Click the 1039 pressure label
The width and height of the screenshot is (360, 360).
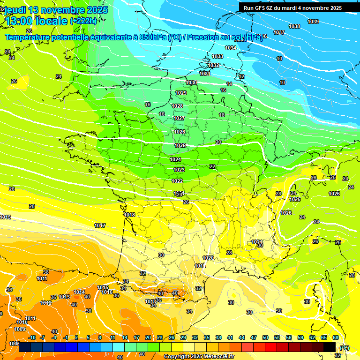[313, 22]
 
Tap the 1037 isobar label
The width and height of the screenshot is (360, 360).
[279, 32]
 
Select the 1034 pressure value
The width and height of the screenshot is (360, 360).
[231, 48]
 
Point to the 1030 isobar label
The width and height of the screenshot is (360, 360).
[191, 82]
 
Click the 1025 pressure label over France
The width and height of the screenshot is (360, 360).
[180, 145]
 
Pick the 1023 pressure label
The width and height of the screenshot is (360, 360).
[179, 170]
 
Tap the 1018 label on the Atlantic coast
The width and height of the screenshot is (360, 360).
[130, 215]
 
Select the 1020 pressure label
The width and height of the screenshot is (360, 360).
[208, 258]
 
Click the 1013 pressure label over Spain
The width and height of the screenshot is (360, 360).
[64, 297]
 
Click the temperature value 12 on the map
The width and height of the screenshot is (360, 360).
[241, 76]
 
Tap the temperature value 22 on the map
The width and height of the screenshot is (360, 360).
[212, 166]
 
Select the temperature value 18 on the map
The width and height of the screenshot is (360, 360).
[222, 115]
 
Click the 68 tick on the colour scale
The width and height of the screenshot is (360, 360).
[336, 337]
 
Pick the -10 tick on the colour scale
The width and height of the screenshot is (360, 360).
[32, 337]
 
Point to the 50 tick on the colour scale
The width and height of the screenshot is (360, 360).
[265, 337]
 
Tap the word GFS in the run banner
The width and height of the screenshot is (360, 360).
[260, 8]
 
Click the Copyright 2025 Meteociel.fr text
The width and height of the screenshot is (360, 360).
[199, 356]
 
